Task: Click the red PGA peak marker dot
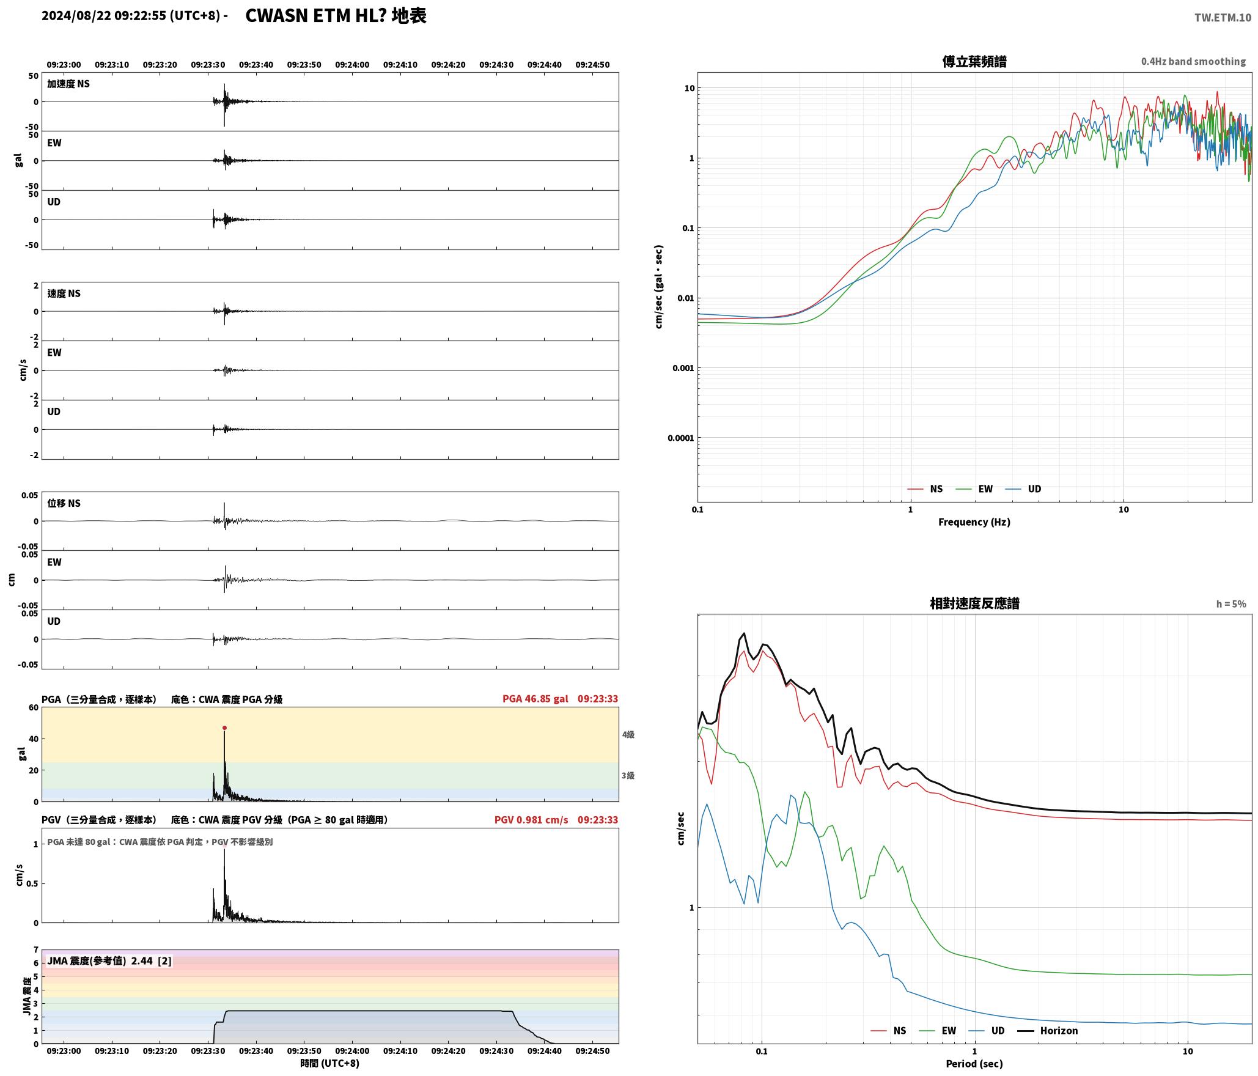pyautogui.click(x=224, y=728)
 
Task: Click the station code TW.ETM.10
pyautogui.click(x=1223, y=18)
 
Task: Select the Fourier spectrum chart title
pyautogui.click(x=974, y=62)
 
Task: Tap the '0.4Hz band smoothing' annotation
pyautogui.click(x=1193, y=62)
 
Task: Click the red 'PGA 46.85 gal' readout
pyautogui.click(x=535, y=699)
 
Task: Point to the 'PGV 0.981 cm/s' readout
pyautogui.click(x=531, y=820)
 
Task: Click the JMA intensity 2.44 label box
pyautogui.click(x=109, y=961)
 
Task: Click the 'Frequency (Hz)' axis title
pyautogui.click(x=974, y=522)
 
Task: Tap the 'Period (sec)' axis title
pyautogui.click(x=974, y=1064)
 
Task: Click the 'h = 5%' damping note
pyautogui.click(x=1230, y=604)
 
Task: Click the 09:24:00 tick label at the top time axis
pyautogui.click(x=352, y=65)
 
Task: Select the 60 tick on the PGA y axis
pyautogui.click(x=33, y=708)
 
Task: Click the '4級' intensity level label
pyautogui.click(x=628, y=735)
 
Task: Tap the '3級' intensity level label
pyautogui.click(x=628, y=776)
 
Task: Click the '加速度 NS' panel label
pyautogui.click(x=68, y=84)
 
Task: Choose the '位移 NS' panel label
pyautogui.click(x=64, y=503)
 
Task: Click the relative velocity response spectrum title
pyautogui.click(x=974, y=603)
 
